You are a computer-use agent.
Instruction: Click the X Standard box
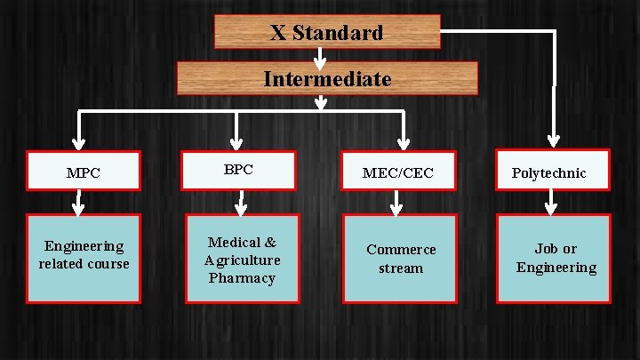click(x=327, y=34)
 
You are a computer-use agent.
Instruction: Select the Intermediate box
click(x=327, y=78)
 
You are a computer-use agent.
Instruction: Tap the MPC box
click(x=84, y=172)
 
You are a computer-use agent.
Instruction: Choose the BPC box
click(x=238, y=170)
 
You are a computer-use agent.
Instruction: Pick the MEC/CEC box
click(x=398, y=172)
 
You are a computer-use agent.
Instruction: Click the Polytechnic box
click(x=553, y=171)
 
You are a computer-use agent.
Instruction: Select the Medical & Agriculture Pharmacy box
click(x=242, y=260)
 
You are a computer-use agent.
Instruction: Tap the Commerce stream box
click(x=400, y=259)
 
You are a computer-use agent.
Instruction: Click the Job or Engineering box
click(x=555, y=259)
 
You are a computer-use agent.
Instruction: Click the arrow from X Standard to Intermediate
click(x=319, y=56)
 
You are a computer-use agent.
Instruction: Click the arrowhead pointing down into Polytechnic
click(x=554, y=140)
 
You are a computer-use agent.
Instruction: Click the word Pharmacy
click(x=242, y=278)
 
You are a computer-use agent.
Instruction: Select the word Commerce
click(x=401, y=250)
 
